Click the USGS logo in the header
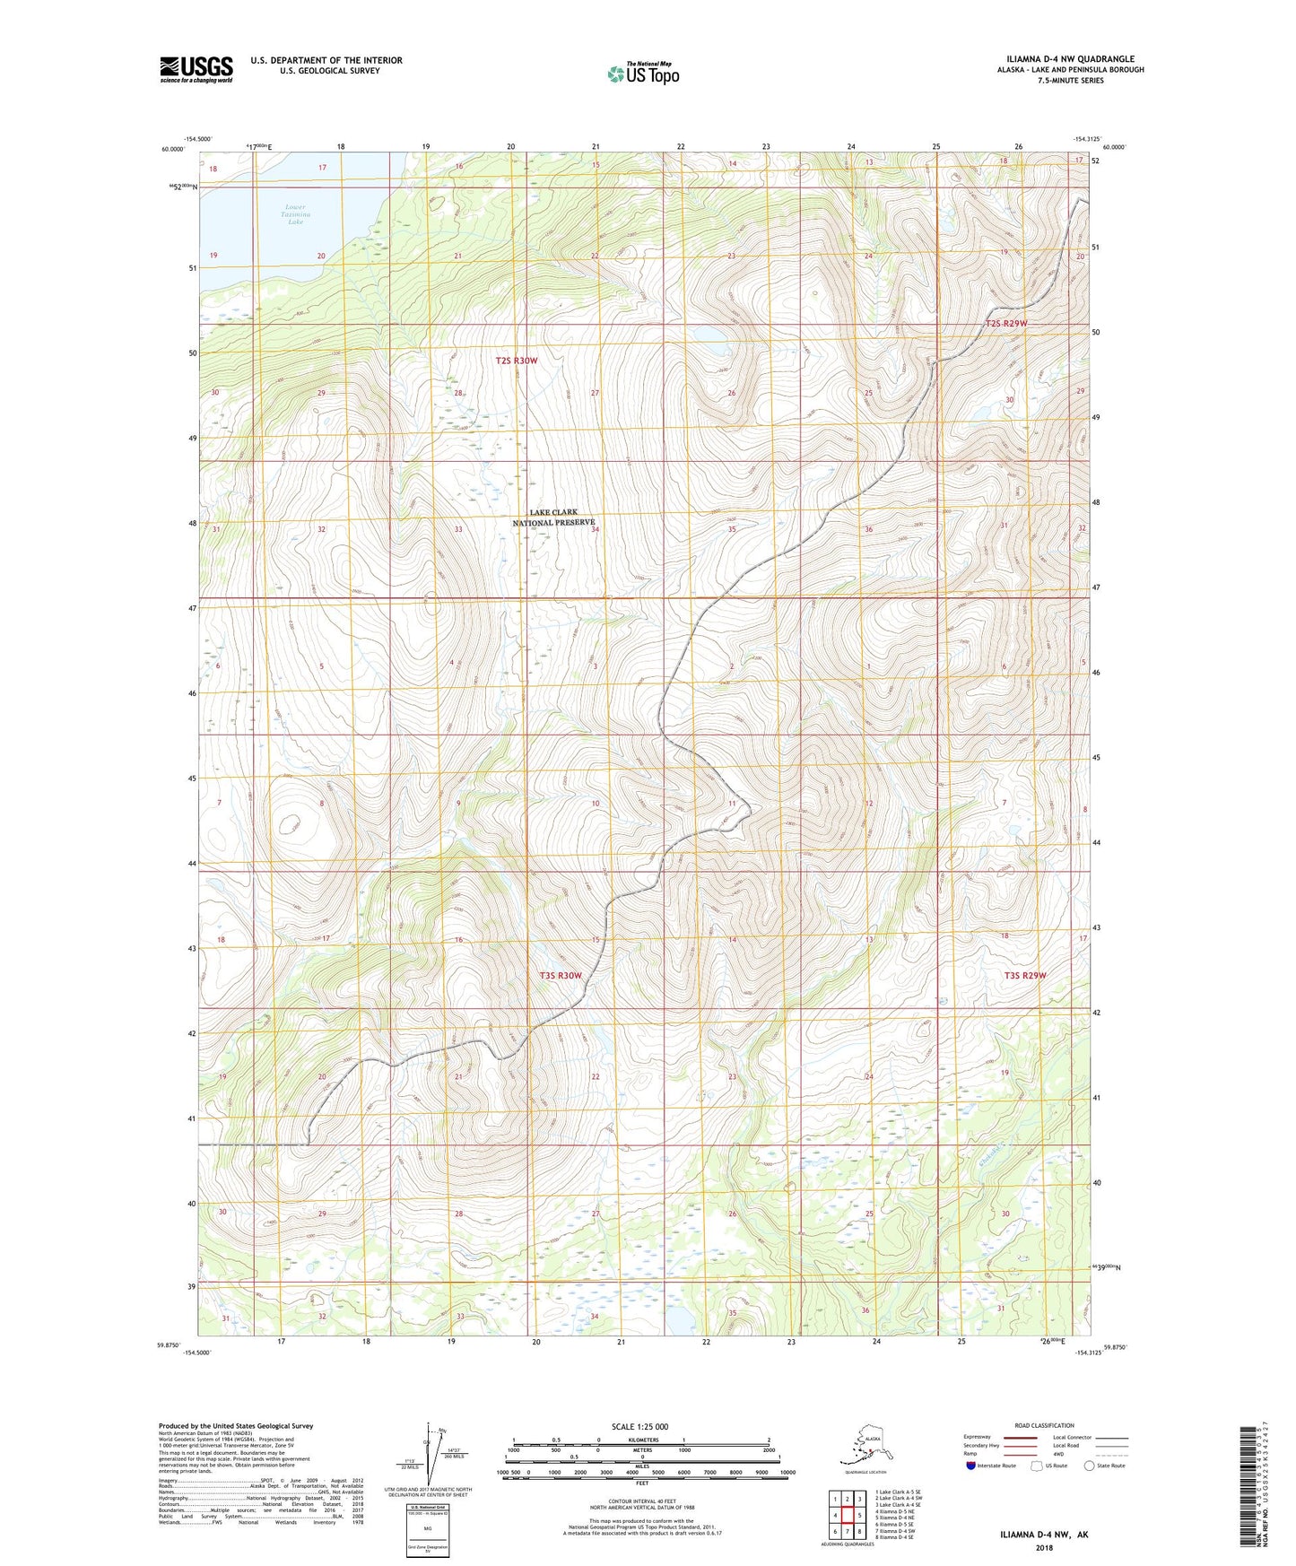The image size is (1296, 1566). coord(196,69)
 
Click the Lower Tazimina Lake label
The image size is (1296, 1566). coord(295,213)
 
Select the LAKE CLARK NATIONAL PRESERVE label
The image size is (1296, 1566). coord(553,518)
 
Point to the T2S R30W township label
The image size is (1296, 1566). coord(517,361)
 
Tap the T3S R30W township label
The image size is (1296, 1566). coord(561,975)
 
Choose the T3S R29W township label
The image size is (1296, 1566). coord(1025,975)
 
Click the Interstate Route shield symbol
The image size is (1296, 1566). coord(971,1466)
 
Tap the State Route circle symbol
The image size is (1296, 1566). coord(1090,1466)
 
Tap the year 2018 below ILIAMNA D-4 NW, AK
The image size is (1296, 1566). coord(1044,1547)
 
